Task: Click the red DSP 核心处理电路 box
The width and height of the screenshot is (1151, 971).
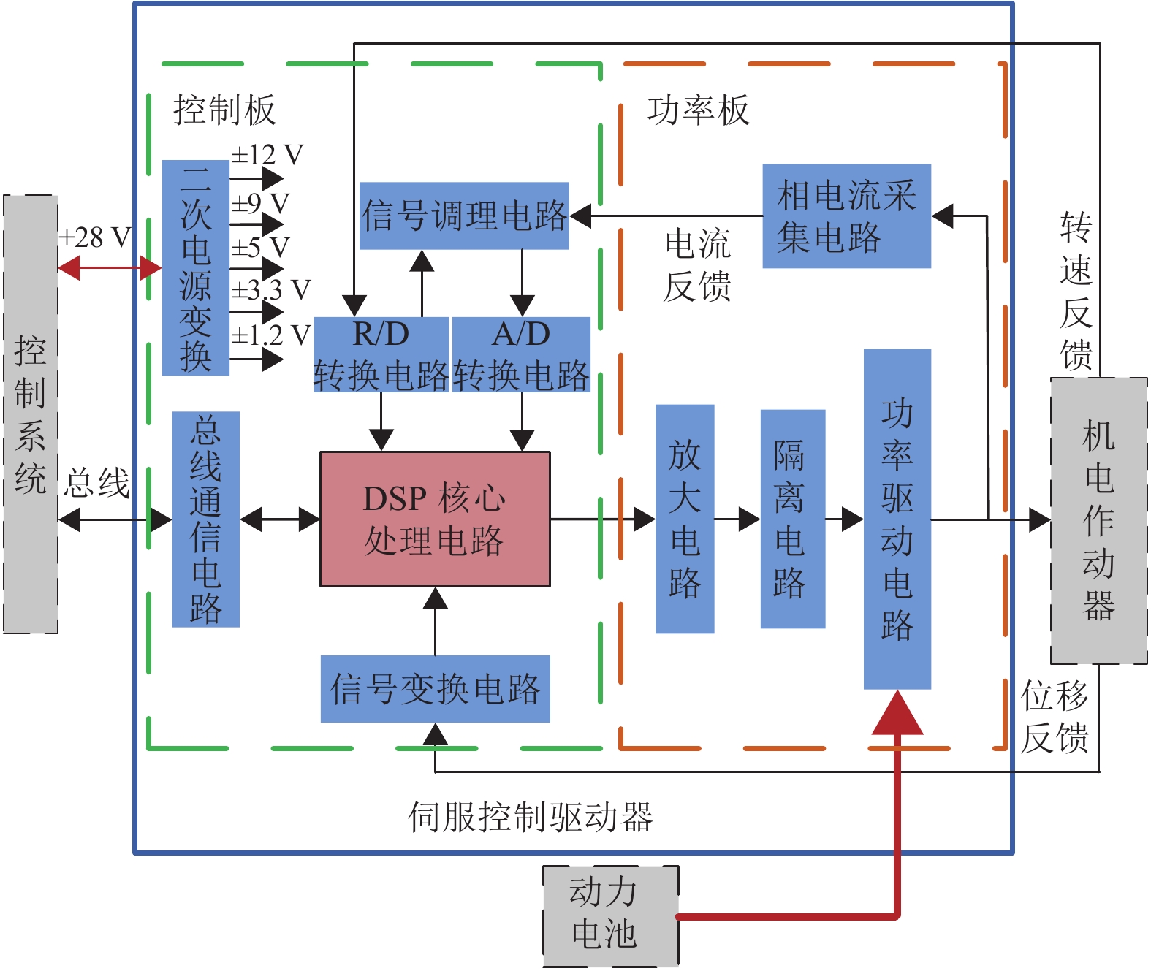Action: pos(435,519)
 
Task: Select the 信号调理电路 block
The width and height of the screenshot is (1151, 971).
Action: pos(464,216)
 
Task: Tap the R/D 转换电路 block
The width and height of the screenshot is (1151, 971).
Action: pos(381,355)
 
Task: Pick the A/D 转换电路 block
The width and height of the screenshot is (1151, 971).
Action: pos(521,355)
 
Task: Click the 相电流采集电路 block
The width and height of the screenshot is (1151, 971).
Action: pos(846,216)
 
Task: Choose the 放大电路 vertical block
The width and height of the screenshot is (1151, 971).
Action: pos(684,519)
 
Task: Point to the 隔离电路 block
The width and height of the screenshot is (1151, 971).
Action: pos(792,519)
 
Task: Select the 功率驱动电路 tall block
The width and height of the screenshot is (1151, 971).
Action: pos(897,519)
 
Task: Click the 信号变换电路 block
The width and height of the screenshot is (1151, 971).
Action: pos(435,689)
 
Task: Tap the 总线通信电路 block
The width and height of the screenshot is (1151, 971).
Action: pos(205,519)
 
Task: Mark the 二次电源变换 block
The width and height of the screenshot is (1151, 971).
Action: pos(195,268)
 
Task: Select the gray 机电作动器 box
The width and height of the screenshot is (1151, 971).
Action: pos(1098,520)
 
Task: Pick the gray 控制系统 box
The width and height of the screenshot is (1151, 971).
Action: pos(30,414)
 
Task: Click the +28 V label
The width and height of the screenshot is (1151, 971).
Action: pos(95,237)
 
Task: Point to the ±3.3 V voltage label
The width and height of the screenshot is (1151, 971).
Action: pos(270,290)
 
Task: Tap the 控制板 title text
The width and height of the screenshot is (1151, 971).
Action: pos(224,110)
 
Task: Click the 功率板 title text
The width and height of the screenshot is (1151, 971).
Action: pos(698,110)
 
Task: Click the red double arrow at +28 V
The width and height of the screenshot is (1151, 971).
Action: pos(110,268)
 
